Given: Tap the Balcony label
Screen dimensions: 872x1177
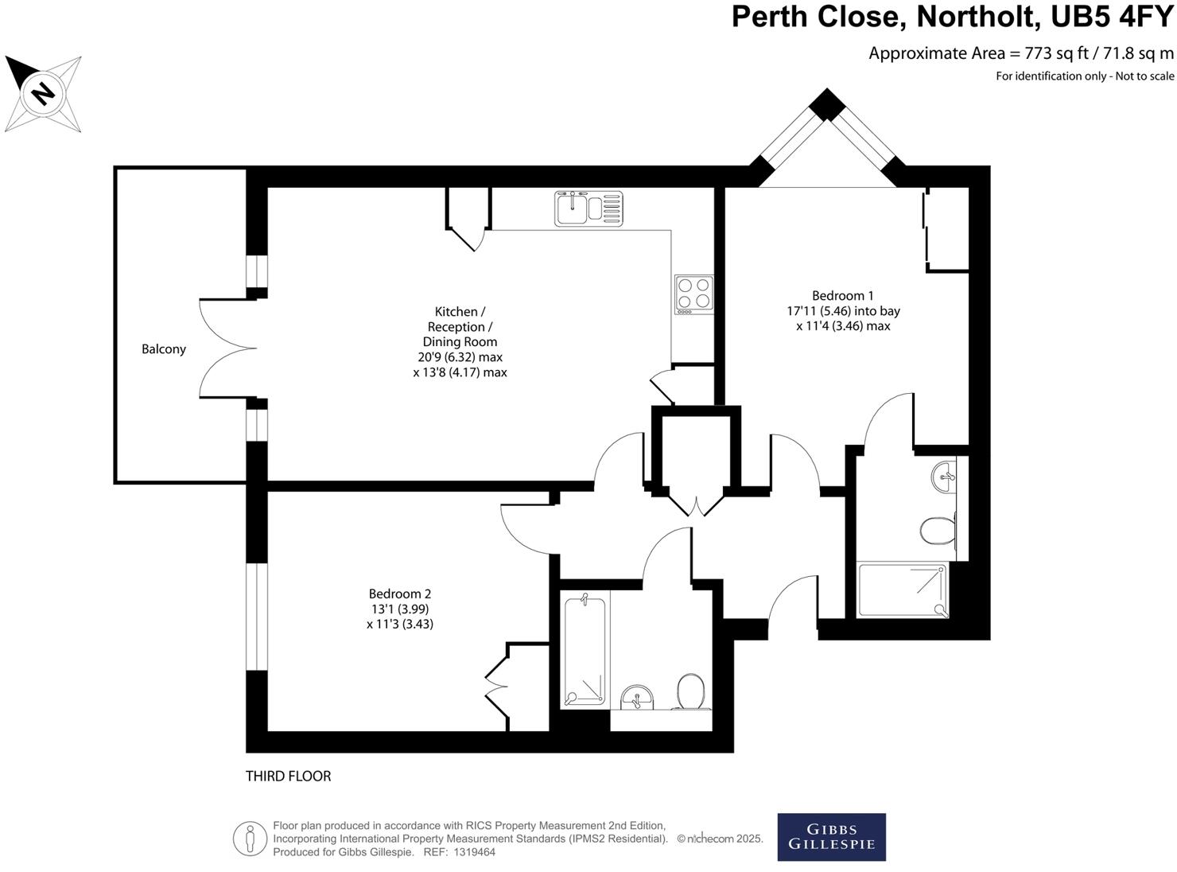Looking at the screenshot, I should (164, 349).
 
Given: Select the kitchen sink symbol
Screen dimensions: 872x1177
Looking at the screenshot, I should (588, 208).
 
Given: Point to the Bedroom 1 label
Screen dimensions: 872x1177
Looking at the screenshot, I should (842, 296).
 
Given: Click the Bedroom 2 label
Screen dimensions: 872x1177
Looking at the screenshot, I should (399, 594).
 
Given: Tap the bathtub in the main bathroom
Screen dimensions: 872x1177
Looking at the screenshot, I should (585, 651).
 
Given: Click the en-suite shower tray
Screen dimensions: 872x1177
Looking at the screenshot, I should (903, 590).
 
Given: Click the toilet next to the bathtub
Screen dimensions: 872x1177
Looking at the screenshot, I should (690, 691).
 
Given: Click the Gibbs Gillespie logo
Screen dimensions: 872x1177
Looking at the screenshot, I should (831, 837).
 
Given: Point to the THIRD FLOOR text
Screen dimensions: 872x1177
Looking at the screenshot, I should (288, 777).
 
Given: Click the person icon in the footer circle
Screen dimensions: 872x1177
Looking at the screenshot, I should (250, 839).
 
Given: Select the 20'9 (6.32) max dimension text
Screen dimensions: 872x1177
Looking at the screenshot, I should (460, 357).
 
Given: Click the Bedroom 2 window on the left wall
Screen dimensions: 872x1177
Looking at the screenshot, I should (256, 617).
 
